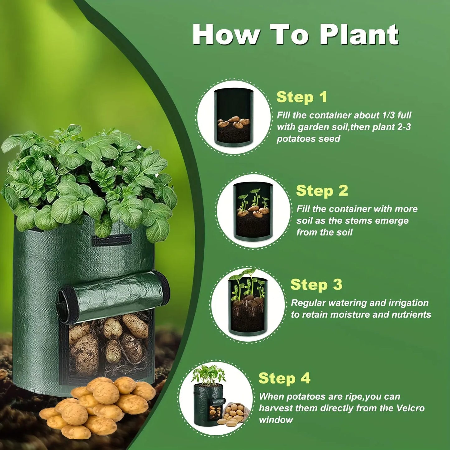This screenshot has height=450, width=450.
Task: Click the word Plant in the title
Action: (x=360, y=35)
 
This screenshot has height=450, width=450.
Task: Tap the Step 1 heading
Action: (x=301, y=97)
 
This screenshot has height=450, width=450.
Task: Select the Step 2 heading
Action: (x=322, y=191)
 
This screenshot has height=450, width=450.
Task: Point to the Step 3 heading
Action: (x=316, y=285)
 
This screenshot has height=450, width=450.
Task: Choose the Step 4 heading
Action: (x=284, y=378)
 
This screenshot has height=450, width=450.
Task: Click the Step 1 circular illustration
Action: (x=234, y=117)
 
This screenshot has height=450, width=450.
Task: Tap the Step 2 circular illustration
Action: (x=253, y=211)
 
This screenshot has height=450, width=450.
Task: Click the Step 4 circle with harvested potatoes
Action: (x=216, y=399)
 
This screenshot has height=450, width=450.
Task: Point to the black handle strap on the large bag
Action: (x=111, y=240)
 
